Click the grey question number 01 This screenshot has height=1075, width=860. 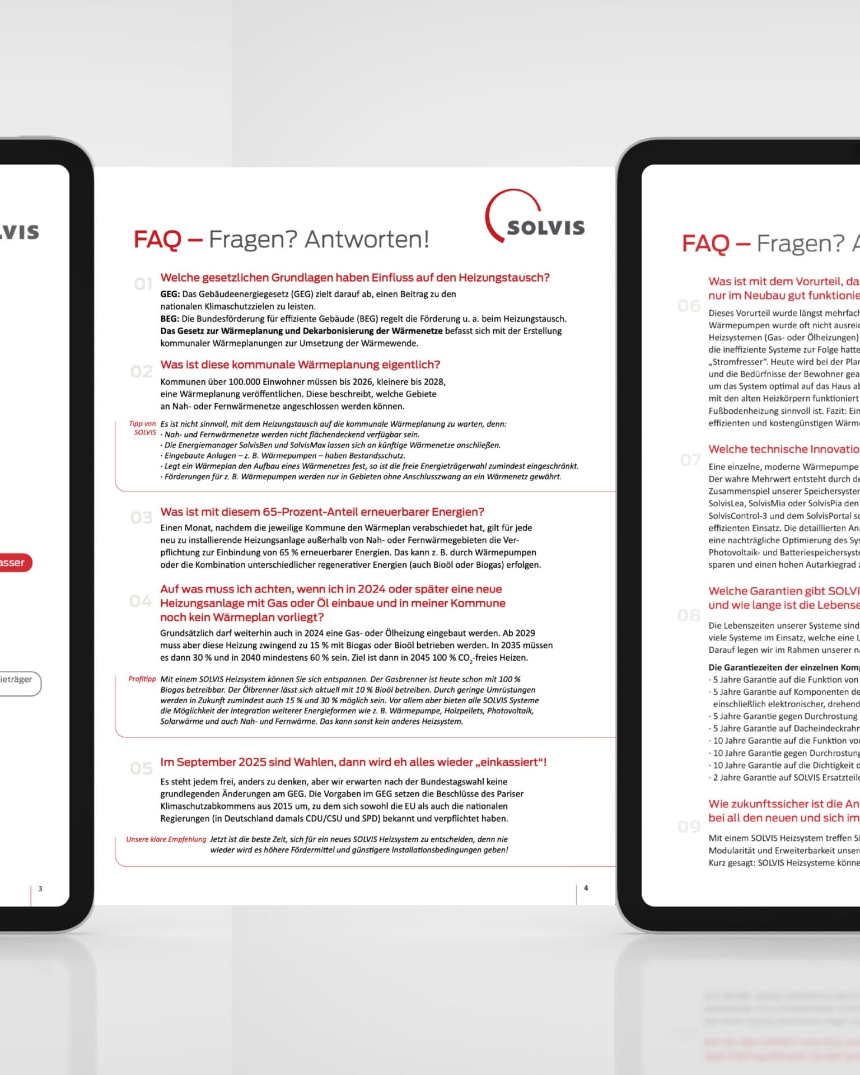point(143,284)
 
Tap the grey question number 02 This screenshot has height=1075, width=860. point(141,372)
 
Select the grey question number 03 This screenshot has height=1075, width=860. point(141,518)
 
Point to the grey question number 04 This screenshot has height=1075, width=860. point(141,601)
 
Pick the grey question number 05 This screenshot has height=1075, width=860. point(141,769)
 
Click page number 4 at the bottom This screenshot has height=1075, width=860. point(586,888)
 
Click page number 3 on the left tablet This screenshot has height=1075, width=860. point(40,889)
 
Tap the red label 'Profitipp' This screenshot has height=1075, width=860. point(142,679)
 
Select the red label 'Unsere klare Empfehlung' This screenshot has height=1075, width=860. point(166,839)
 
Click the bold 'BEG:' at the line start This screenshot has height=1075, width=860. point(170,319)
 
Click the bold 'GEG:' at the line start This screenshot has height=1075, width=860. point(170,294)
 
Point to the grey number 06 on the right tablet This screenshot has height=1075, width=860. point(689,306)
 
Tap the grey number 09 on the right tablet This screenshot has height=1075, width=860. point(689,827)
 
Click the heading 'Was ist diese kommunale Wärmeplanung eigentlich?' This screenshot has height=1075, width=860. point(300,364)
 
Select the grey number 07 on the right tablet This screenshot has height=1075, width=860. point(690,460)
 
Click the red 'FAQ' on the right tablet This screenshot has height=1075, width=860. point(705,244)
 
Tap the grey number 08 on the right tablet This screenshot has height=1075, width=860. point(689,616)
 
